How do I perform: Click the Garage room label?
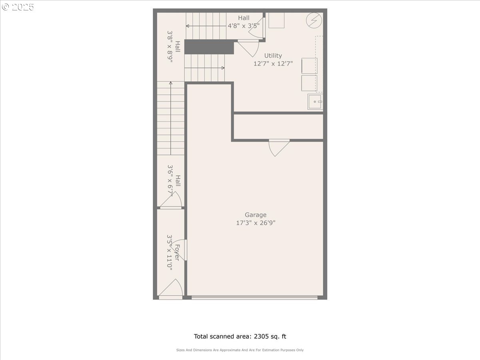pyautogui.click(x=256, y=215)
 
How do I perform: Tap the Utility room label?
pyautogui.click(x=273, y=56)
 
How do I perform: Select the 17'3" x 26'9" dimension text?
pyautogui.click(x=256, y=223)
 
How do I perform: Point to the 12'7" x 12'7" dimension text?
pyautogui.click(x=273, y=64)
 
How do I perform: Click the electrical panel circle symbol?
pyautogui.click(x=314, y=20)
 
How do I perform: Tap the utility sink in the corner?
pyautogui.click(x=315, y=102)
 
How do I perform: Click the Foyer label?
pyautogui.click(x=177, y=253)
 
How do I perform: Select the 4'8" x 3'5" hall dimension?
pyautogui.click(x=244, y=26)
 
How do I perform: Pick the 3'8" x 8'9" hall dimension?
pyautogui.click(x=170, y=46)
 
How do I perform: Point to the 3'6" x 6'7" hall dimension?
pyautogui.click(x=170, y=180)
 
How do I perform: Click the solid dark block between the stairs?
pyautogui.click(x=209, y=47)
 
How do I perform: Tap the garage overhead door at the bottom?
pyautogui.click(x=254, y=297)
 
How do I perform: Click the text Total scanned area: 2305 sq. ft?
pyautogui.click(x=240, y=336)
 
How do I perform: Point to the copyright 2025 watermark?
pyautogui.click(x=18, y=7)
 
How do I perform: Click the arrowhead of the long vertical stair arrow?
pyautogui.click(x=170, y=83)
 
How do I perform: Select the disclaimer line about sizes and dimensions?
pyautogui.click(x=240, y=350)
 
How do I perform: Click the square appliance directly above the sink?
pyautogui.click(x=309, y=83)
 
